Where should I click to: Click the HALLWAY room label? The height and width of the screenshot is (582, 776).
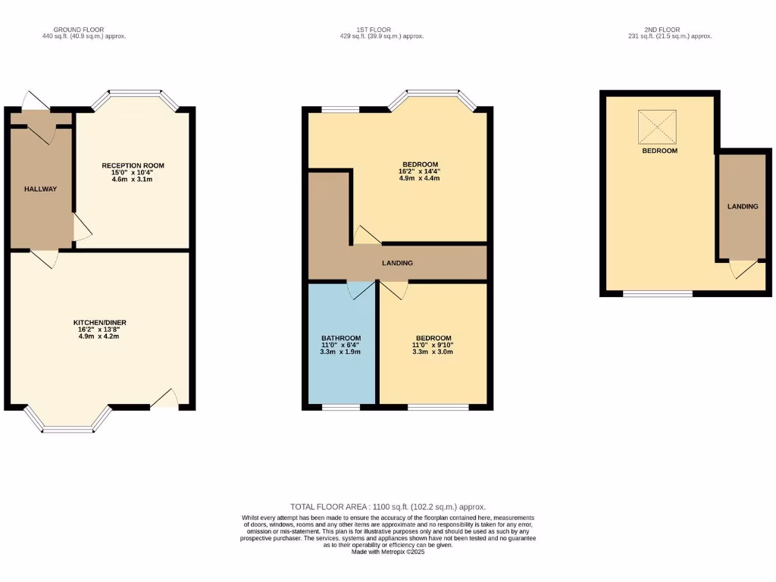click(x=40, y=189)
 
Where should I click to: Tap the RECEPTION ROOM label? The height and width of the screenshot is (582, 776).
click(x=133, y=165)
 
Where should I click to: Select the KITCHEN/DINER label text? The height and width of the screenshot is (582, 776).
click(x=99, y=322)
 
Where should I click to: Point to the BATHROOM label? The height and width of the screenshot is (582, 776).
click(x=342, y=338)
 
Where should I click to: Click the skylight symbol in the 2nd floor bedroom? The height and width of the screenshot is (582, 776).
click(x=657, y=127)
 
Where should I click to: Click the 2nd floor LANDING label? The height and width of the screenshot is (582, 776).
click(x=743, y=206)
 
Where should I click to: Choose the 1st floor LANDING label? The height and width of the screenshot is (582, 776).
click(x=397, y=264)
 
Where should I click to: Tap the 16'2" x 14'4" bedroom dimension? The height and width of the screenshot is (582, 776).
click(x=419, y=171)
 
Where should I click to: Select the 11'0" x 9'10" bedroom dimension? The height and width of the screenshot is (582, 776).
click(x=433, y=345)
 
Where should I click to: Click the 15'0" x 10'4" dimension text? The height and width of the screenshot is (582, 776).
click(x=133, y=172)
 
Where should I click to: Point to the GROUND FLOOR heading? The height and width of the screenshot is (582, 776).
click(x=78, y=30)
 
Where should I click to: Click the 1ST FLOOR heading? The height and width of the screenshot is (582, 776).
click(x=381, y=30)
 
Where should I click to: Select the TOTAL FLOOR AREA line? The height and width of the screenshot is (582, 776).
click(x=388, y=507)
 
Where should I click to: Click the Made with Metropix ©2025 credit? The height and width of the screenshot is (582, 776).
click(x=388, y=552)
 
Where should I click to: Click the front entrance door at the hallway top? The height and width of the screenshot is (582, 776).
click(x=35, y=102)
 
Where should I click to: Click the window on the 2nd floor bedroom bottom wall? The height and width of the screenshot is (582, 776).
click(x=657, y=293)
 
